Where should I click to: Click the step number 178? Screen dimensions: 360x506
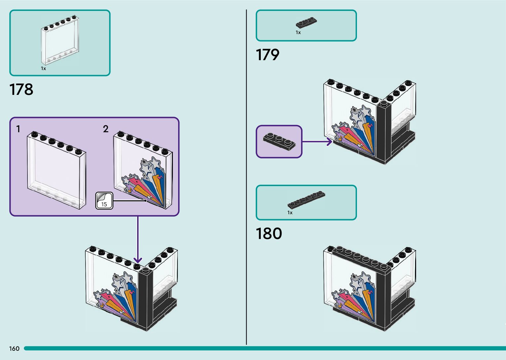click(x=21, y=90)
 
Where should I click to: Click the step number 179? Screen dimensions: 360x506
click(x=267, y=55)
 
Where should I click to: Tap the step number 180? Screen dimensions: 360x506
click(x=269, y=233)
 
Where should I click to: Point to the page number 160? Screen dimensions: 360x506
click(x=14, y=348)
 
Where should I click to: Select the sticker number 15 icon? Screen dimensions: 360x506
click(x=104, y=201)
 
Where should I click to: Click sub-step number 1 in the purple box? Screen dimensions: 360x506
click(x=19, y=129)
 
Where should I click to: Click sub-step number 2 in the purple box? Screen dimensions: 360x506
click(x=105, y=129)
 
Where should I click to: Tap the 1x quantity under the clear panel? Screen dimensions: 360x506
click(x=43, y=68)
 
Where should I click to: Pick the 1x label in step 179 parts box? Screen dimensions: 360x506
click(x=298, y=32)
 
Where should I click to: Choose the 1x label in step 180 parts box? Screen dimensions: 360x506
click(x=290, y=213)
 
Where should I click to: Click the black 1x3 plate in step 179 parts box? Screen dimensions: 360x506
click(x=306, y=23)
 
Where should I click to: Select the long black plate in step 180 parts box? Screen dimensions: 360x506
click(x=306, y=200)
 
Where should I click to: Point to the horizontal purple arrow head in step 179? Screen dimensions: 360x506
click(x=329, y=142)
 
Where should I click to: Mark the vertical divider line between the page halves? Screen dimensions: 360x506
click(x=247, y=179)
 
